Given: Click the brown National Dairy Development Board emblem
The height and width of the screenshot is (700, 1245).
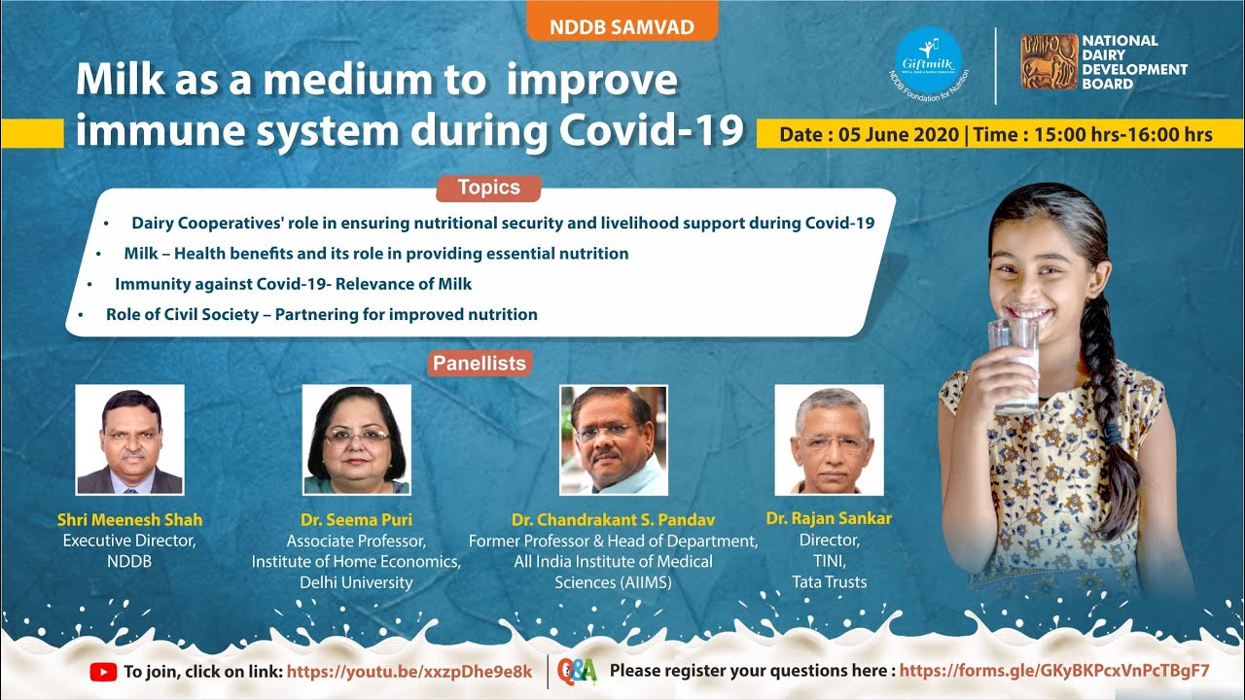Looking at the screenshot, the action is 1049,61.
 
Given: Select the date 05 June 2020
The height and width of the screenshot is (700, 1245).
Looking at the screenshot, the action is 898,134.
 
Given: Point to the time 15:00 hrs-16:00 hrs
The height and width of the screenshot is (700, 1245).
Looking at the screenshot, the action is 1123,134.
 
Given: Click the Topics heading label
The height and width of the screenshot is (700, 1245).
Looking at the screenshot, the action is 488,188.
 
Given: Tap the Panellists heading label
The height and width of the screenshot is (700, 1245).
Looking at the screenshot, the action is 480,364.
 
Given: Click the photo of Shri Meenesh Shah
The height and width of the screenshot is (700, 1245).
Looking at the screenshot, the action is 130,439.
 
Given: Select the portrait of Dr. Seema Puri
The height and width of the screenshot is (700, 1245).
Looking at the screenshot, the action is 357,439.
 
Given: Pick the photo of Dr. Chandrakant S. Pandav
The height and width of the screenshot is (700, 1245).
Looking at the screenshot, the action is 614,440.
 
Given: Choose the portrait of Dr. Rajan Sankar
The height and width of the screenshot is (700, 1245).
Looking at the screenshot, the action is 830,440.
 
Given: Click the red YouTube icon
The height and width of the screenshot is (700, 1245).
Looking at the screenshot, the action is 103,672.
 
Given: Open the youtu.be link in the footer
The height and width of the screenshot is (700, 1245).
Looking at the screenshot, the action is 409,672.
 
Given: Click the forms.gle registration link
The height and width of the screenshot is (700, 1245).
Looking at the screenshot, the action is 1054,671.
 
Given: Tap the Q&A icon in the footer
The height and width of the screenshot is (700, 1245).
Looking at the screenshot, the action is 578,671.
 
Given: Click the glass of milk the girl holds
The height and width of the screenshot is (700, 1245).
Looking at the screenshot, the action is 1014,367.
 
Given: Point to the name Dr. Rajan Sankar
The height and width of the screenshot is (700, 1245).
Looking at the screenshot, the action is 829,518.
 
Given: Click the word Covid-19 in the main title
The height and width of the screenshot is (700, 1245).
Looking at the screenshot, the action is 652,129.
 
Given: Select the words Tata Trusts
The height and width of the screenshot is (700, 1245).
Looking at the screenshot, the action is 830,582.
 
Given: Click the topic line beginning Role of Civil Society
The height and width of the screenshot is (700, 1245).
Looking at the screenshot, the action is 322,314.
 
